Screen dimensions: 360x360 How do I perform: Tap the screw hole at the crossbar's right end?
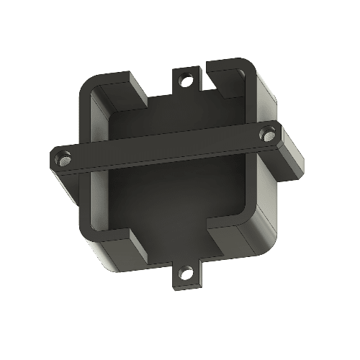tap(269, 133)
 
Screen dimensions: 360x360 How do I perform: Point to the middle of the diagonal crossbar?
tap(166, 147)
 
